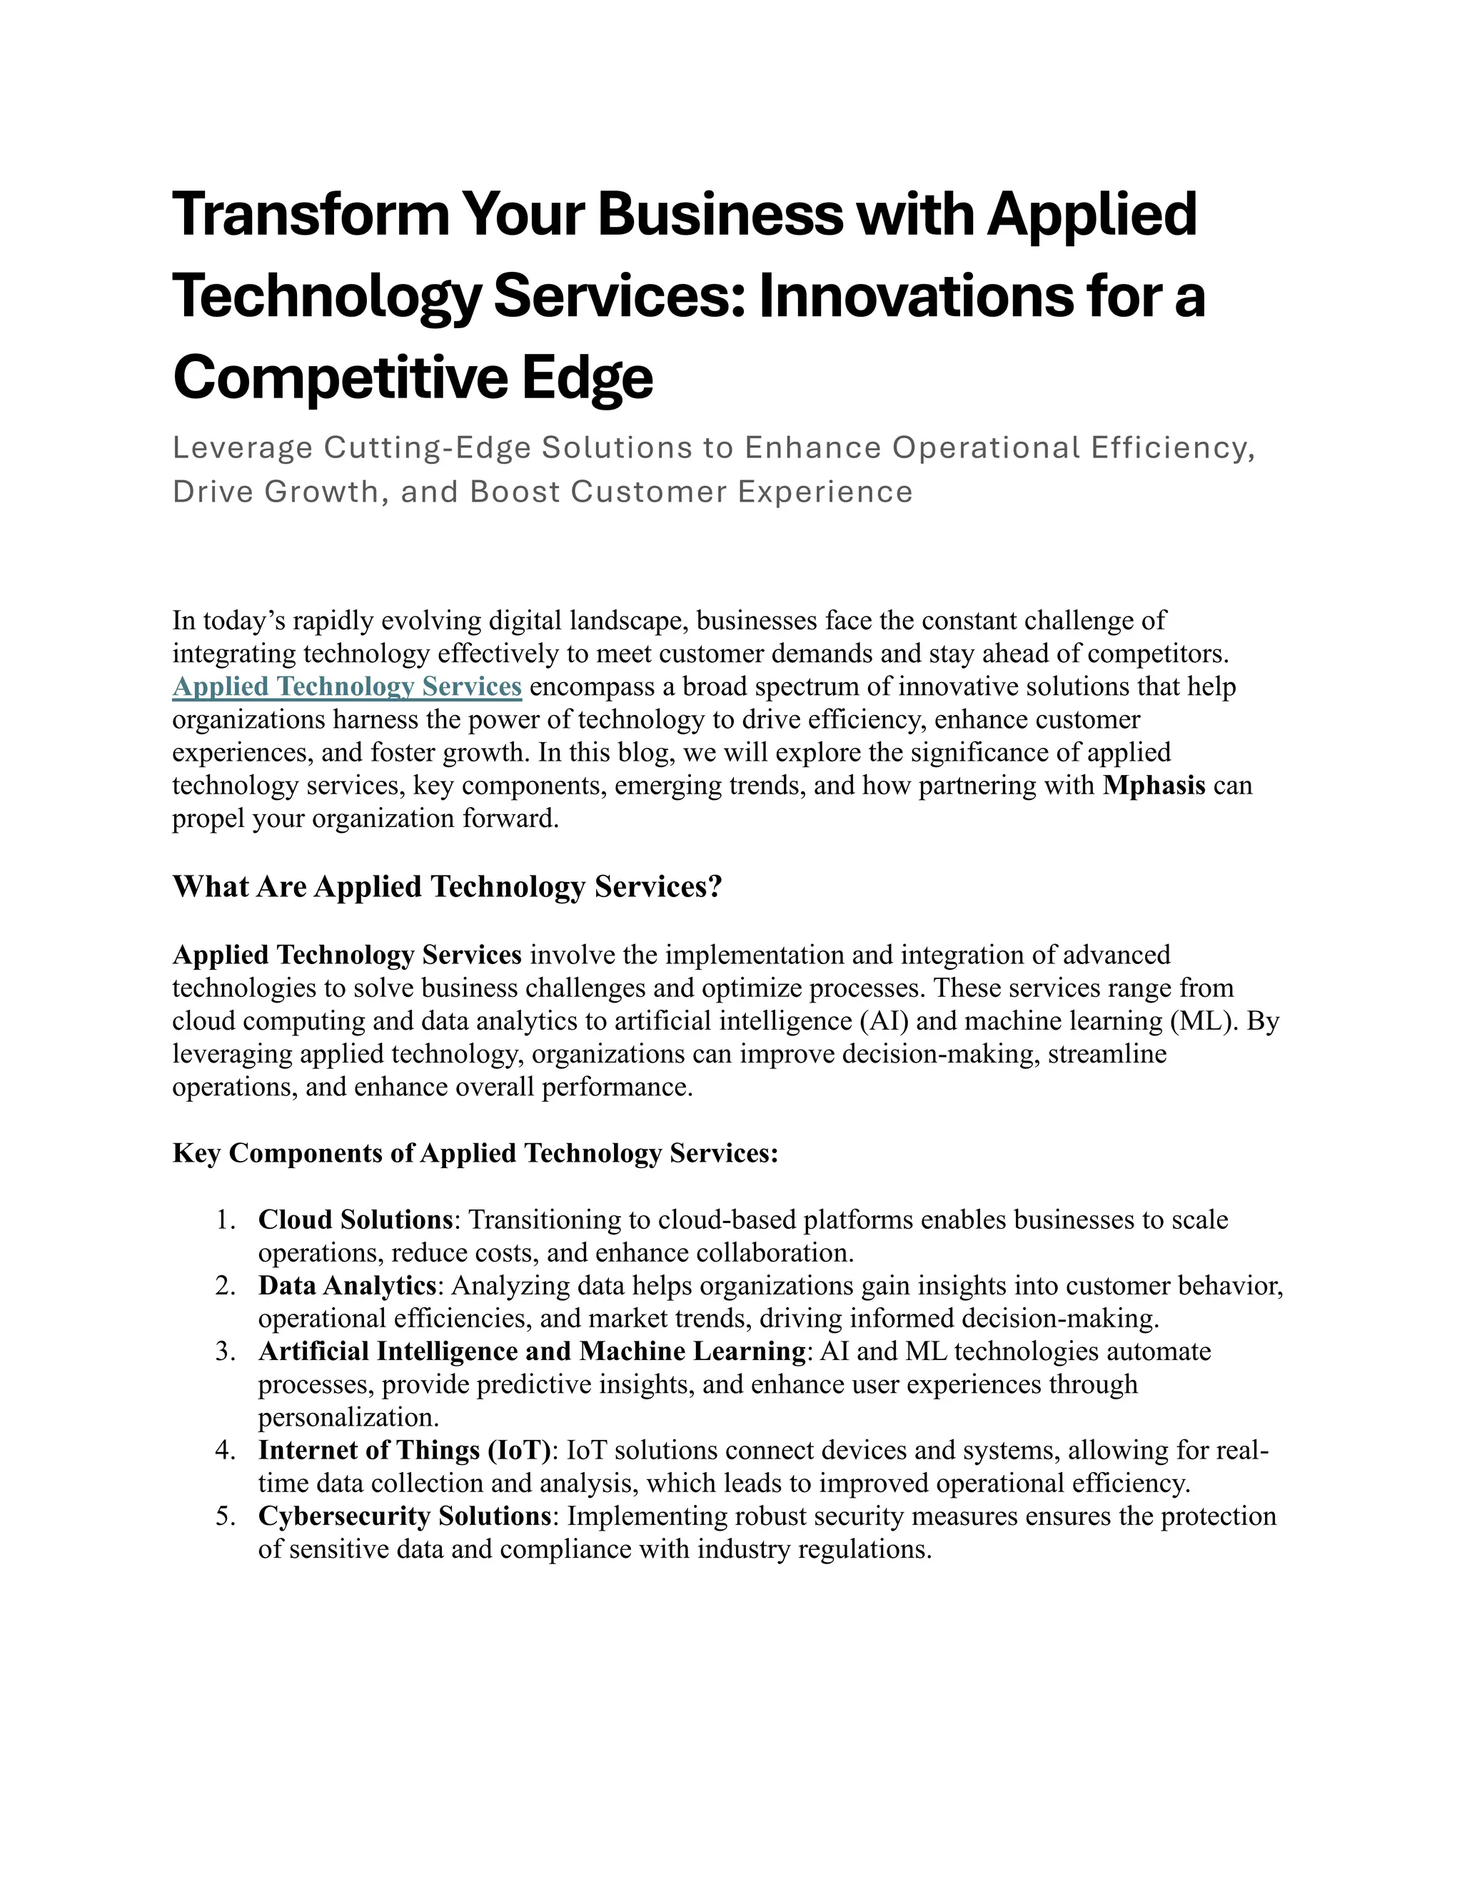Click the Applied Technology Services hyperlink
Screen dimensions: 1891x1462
(x=346, y=686)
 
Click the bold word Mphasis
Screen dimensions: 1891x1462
(x=1154, y=786)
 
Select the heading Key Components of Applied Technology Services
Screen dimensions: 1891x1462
(x=475, y=1153)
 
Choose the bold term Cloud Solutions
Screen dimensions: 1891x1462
(x=355, y=1220)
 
